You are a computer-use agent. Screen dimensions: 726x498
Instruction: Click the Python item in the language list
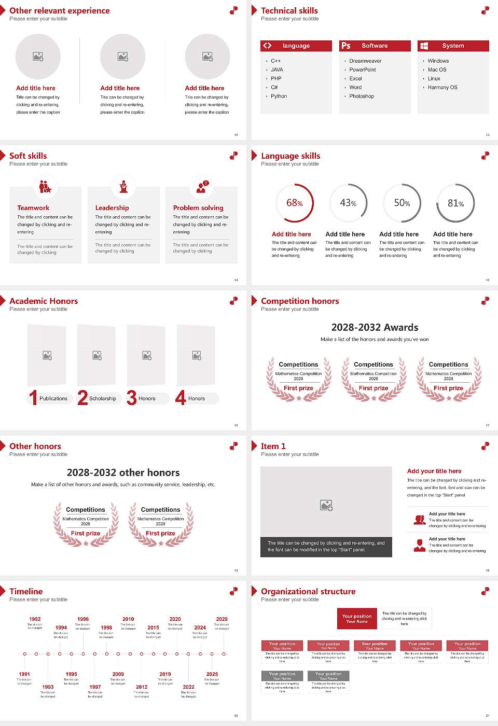[279, 96]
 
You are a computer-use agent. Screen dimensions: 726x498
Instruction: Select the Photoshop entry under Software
[362, 96]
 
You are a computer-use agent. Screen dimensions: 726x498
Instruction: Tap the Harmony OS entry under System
[442, 88]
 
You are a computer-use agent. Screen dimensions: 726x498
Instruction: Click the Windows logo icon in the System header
[424, 46]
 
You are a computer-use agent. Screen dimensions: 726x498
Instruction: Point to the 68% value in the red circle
[294, 203]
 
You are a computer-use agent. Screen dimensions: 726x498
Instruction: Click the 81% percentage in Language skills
[455, 203]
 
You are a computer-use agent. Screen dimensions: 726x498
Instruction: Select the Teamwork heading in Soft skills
[33, 208]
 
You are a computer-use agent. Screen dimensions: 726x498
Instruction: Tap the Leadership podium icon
[123, 187]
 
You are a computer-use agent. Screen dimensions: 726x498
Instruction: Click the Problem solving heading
[198, 208]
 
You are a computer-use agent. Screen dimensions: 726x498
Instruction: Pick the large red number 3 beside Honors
[132, 398]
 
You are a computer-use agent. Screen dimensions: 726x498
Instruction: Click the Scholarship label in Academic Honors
[102, 399]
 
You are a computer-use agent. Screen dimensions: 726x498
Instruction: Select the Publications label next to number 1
[53, 399]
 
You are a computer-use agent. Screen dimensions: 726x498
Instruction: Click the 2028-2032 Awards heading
[375, 327]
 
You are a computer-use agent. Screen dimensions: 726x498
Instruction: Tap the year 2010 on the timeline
[128, 619]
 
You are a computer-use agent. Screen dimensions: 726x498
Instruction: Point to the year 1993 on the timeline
[48, 687]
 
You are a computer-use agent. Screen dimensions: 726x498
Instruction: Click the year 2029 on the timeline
[222, 619]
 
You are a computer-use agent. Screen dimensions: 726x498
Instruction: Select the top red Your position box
[357, 619]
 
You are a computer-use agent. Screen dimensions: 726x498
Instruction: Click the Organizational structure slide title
[308, 592]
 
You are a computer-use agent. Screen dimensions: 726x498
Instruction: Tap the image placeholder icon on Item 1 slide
[326, 505]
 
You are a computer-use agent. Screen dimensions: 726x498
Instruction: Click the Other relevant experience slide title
[60, 11]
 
